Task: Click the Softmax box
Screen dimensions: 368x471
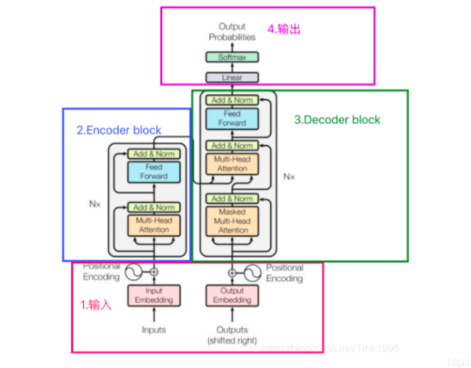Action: (x=232, y=57)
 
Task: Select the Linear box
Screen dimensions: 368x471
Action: (x=232, y=77)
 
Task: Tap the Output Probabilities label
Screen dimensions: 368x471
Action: (x=232, y=32)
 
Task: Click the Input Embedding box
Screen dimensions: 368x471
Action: (x=153, y=296)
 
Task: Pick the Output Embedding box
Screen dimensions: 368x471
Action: (x=232, y=296)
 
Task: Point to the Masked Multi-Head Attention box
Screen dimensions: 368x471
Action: (x=232, y=221)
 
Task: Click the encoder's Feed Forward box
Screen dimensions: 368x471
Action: (x=153, y=172)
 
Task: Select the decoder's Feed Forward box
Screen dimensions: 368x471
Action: (x=232, y=119)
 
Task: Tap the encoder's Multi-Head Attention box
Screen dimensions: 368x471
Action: (x=153, y=225)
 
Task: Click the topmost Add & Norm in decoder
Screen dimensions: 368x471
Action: (x=232, y=100)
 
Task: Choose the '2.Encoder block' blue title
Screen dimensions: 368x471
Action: (x=119, y=130)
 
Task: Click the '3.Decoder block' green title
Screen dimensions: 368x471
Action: (x=336, y=120)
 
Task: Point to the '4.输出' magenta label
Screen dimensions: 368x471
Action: (x=284, y=30)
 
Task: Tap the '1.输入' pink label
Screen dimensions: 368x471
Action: (x=96, y=305)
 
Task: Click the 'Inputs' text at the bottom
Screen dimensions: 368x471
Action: (x=153, y=330)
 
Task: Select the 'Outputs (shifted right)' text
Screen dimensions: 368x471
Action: (x=232, y=335)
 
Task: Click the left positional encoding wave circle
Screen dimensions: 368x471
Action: (x=134, y=272)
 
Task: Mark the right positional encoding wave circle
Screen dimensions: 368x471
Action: (x=253, y=273)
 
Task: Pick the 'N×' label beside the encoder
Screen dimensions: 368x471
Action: (x=94, y=205)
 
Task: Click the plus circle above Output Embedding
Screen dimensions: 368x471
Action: (x=232, y=273)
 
